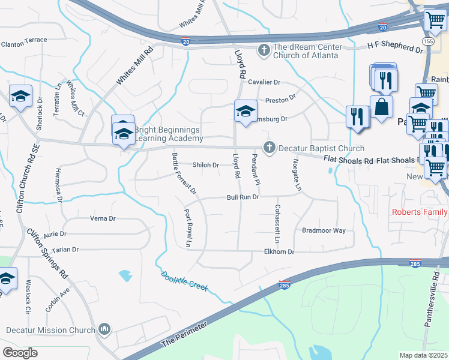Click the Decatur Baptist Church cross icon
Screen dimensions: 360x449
[x=269, y=147]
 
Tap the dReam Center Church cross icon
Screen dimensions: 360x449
[x=263, y=50]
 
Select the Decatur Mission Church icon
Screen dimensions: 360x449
[x=104, y=329]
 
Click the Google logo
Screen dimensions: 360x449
[x=20, y=352]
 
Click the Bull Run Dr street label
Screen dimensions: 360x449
[x=243, y=197]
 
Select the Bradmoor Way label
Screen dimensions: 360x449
[x=324, y=230]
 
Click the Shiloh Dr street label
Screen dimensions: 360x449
[x=205, y=165]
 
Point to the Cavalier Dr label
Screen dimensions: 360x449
[x=264, y=82]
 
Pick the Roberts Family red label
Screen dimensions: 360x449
[x=420, y=212]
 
